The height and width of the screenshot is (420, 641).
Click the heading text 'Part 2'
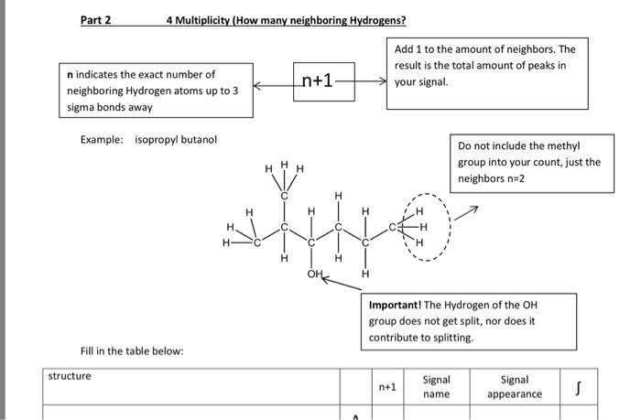pyautogui.click(x=95, y=19)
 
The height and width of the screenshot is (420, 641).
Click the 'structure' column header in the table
pyautogui.click(x=71, y=375)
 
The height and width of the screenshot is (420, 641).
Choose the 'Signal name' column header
pyautogui.click(x=436, y=386)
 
